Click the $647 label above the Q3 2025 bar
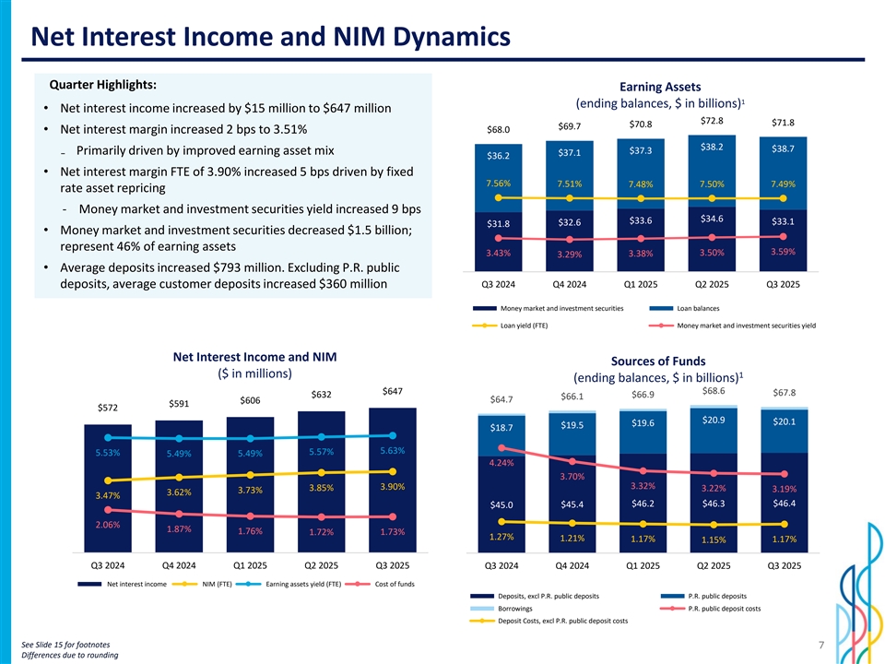tap(392, 391)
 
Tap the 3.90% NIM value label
tap(392, 487)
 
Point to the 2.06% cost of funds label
tap(108, 525)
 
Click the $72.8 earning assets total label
tap(712, 121)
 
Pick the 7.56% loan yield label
tap(498, 182)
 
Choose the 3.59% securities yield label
tap(783, 251)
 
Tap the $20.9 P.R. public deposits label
tap(713, 421)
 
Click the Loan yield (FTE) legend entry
tap(523, 325)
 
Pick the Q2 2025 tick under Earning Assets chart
tap(712, 284)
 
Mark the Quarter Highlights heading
tap(95, 84)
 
